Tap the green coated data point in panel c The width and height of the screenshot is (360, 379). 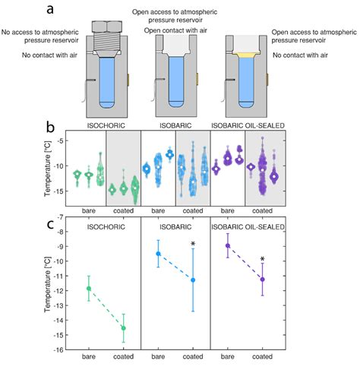(124, 328)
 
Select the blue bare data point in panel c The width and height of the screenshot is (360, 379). (158, 254)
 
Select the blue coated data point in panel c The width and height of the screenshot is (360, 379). (193, 280)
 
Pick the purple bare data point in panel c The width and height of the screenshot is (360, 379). (227, 245)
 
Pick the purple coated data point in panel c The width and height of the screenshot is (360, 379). (262, 279)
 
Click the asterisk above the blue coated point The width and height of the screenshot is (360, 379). (193, 244)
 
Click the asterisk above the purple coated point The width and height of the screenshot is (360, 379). (262, 260)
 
